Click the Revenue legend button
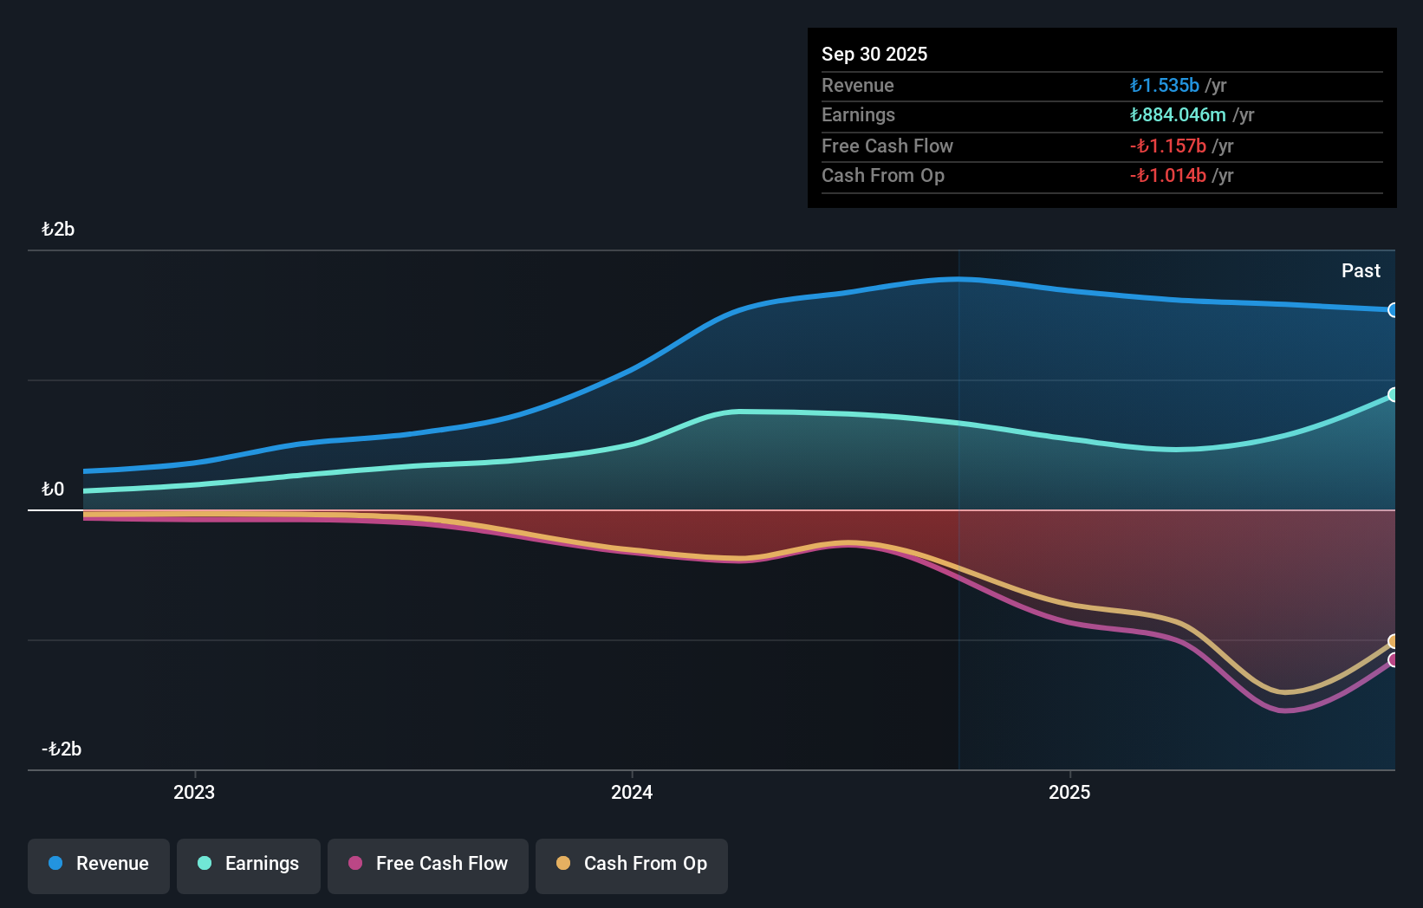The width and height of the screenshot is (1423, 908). tap(99, 864)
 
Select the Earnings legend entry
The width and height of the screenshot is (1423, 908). tap(249, 864)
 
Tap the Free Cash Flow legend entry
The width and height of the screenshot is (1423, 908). tap(428, 864)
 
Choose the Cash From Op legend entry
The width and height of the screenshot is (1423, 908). tap(632, 864)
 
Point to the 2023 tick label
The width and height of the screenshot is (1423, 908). tap(194, 792)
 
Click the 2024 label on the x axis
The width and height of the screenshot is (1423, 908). tap(632, 792)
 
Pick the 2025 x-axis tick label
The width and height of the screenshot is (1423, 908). tap(1069, 792)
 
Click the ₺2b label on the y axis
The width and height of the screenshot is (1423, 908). tap(58, 230)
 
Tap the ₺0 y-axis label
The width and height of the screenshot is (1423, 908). tap(53, 490)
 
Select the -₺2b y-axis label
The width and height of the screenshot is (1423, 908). tap(62, 749)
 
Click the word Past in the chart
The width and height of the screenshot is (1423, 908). tap(1361, 271)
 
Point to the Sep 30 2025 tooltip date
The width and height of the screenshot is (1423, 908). tap(874, 55)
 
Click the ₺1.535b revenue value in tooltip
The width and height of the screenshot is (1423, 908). tap(1165, 86)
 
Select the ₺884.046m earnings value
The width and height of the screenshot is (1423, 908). tap(1178, 115)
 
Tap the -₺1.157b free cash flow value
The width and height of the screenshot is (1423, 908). tap(1168, 146)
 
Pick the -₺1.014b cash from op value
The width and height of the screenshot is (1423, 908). tap(1168, 176)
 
